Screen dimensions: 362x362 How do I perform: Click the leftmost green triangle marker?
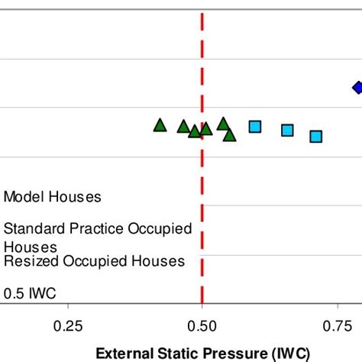click(160, 125)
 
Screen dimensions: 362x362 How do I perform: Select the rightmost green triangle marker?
click(229, 135)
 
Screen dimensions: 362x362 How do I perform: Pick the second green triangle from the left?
click(183, 127)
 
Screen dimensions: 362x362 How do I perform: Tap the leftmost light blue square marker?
click(255, 127)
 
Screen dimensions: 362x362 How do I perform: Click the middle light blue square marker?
click(287, 131)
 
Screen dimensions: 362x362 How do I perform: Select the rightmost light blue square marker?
click(315, 137)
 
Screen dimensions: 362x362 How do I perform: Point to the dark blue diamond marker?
click(357, 87)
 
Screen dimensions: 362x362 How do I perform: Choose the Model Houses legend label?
click(52, 197)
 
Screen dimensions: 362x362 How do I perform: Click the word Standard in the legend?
click(31, 228)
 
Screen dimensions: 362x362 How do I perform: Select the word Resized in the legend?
click(29, 261)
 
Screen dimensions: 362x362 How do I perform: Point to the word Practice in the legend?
click(90, 228)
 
